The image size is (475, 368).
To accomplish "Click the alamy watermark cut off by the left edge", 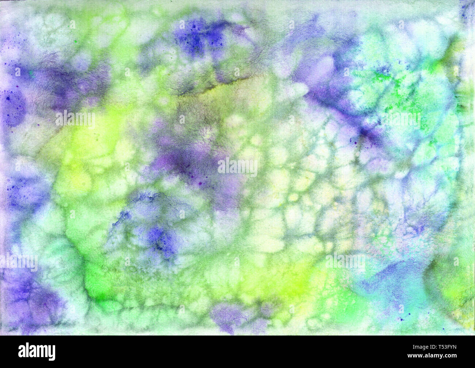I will click(18, 262).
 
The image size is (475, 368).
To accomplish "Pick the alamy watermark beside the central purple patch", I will click(237, 166).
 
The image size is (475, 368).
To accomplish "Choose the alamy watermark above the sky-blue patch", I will click(345, 262).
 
